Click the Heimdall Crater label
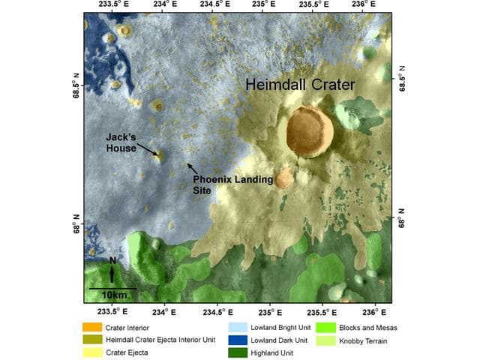pyautogui.click(x=300, y=85)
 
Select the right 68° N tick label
pyautogui.click(x=402, y=217)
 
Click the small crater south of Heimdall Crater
pyautogui.click(x=283, y=178)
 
